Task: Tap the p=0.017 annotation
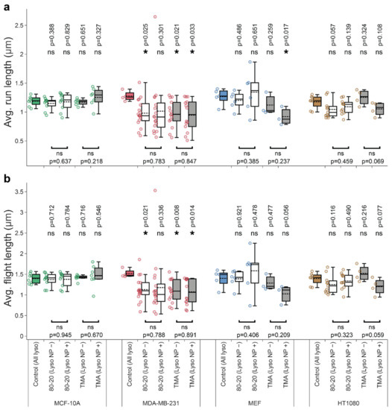(x=286, y=33)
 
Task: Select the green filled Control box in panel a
(x=35, y=101)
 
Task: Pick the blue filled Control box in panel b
(x=222, y=277)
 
